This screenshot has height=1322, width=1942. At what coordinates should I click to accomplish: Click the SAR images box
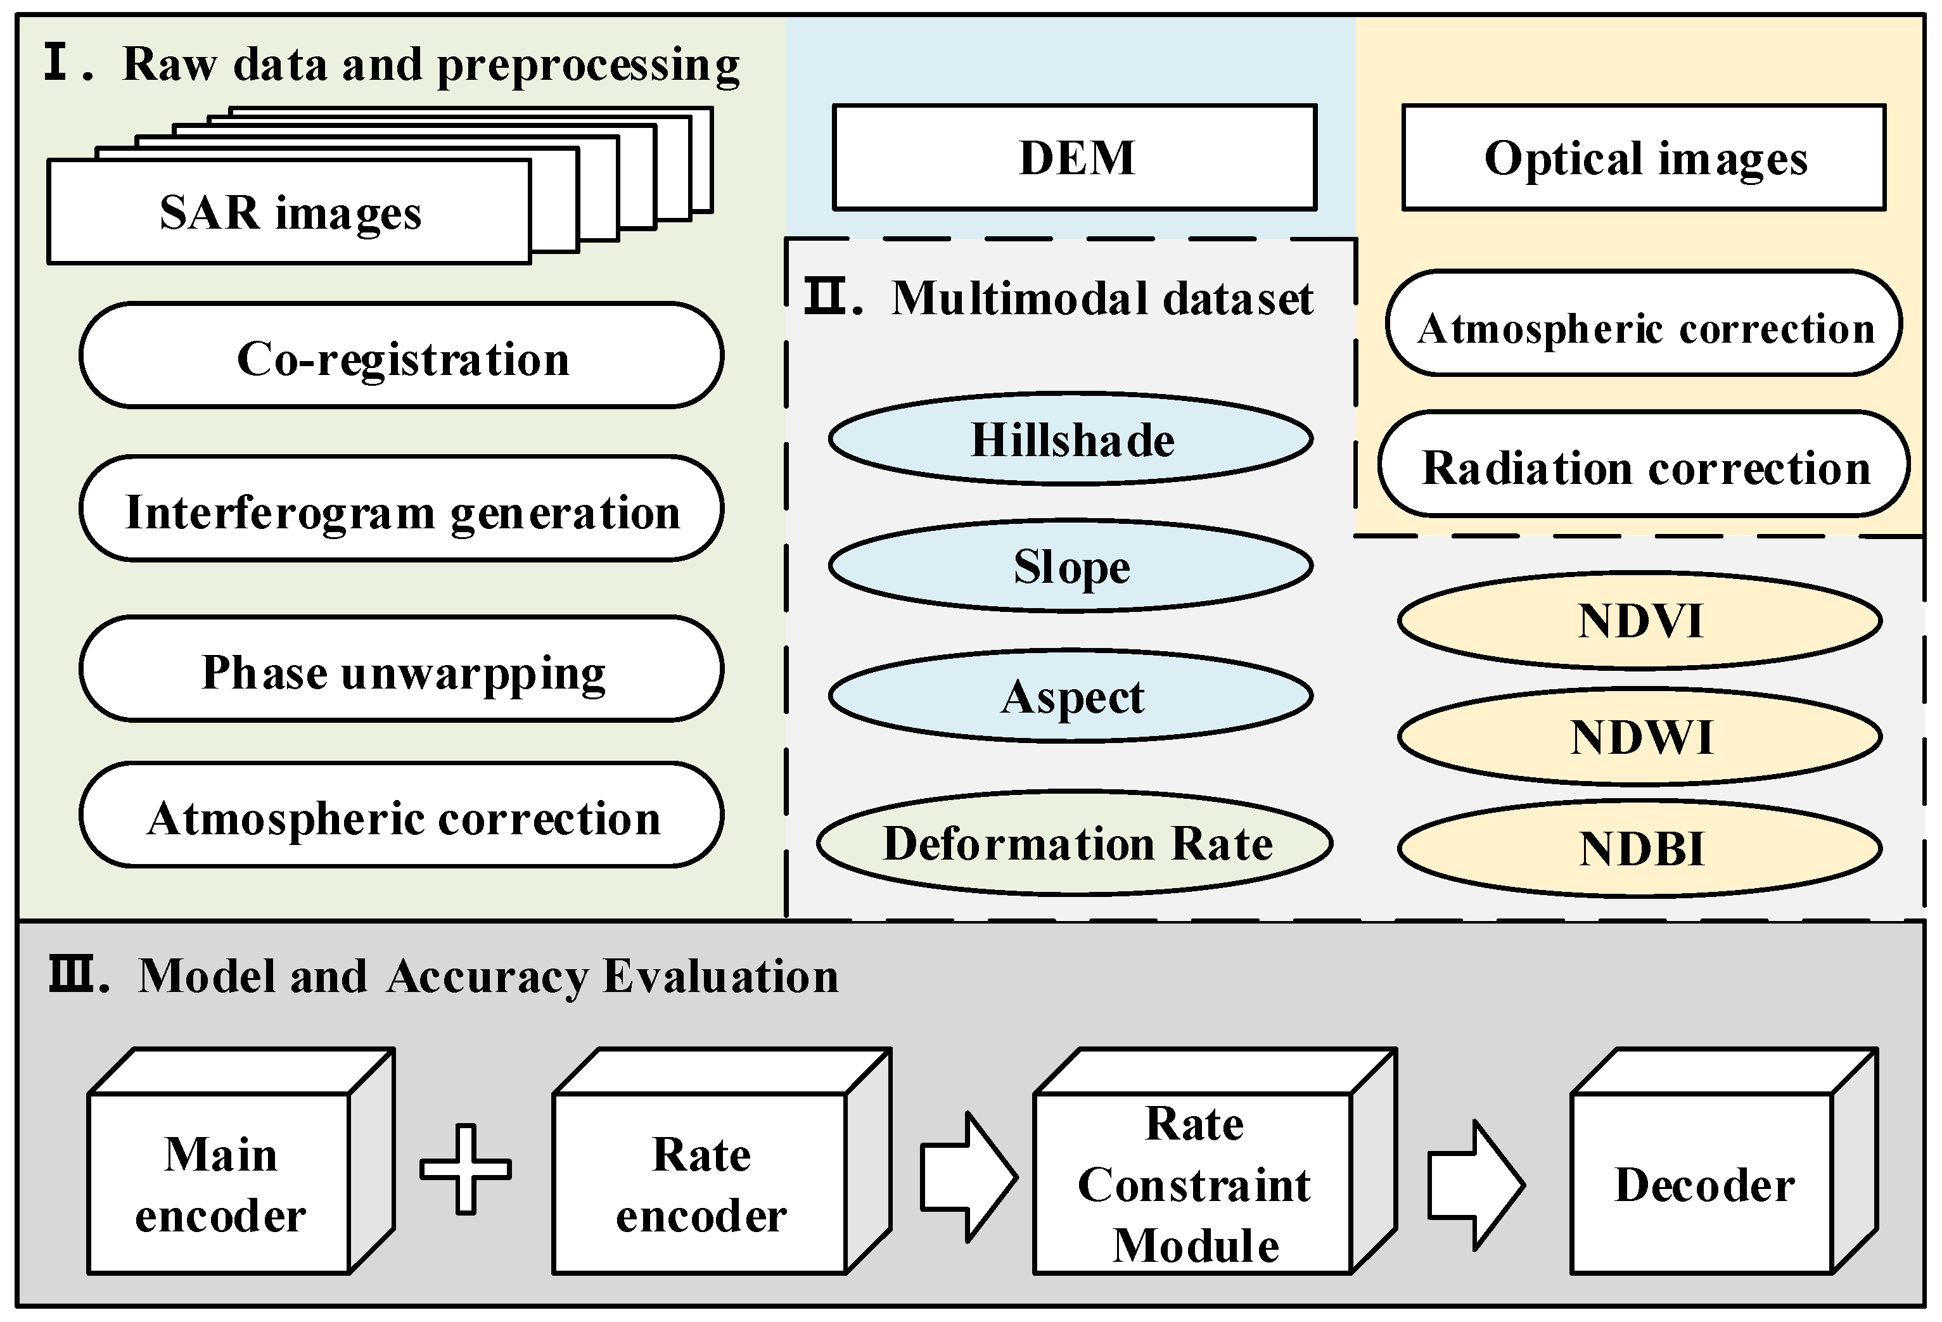(x=289, y=212)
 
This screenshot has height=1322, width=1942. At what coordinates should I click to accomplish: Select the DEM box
(x=1075, y=157)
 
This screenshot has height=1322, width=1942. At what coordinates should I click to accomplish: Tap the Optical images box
(x=1644, y=157)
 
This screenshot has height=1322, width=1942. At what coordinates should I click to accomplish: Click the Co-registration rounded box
(x=402, y=356)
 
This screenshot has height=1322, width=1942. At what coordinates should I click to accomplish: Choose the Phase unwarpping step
(x=402, y=670)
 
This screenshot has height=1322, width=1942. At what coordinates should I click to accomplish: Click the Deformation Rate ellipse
(x=1075, y=842)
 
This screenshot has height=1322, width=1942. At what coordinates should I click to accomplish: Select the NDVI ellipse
(x=1640, y=621)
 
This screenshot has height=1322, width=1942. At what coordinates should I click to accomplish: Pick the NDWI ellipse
(x=1640, y=736)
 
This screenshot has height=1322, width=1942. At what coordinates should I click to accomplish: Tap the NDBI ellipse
(x=1640, y=848)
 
